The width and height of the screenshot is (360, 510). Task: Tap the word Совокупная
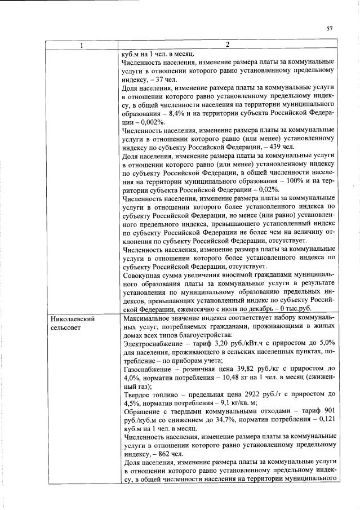(143, 276)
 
